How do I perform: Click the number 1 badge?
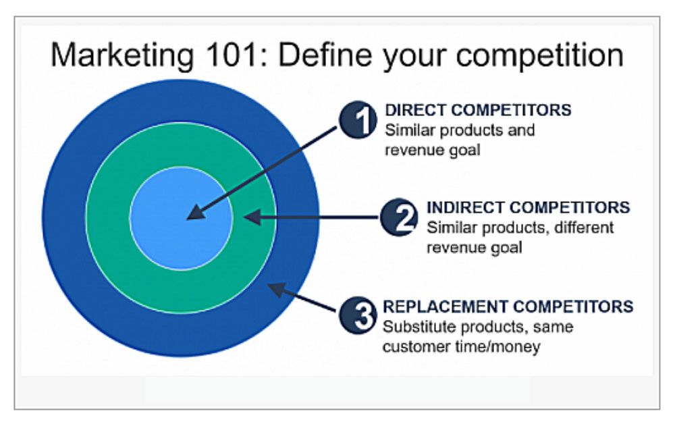358,120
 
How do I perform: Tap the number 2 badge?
400,217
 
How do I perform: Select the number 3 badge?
358,315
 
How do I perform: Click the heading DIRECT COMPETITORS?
478,110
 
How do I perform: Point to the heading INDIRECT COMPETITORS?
529,207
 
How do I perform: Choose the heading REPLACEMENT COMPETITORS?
508,307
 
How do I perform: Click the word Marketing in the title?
123,56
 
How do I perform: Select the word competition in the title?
539,56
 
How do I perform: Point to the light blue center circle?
181,218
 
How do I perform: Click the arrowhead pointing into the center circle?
196,212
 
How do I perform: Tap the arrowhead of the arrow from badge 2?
252,217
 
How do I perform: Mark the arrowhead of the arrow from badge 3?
277,289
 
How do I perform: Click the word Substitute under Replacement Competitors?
418,327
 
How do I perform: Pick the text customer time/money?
462,346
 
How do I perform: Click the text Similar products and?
460,130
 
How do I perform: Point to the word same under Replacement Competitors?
553,327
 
